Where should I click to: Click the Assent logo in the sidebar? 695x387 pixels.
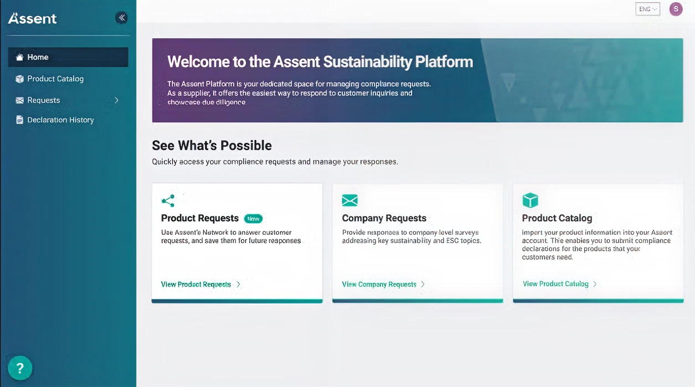click(33, 18)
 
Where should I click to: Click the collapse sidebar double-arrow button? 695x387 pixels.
click(121, 18)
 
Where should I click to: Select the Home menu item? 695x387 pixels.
click(38, 57)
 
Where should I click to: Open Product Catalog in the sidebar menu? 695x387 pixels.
click(55, 79)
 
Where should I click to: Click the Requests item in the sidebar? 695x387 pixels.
click(43, 100)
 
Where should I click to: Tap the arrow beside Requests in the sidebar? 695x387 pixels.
click(116, 100)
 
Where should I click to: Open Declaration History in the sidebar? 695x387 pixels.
click(60, 120)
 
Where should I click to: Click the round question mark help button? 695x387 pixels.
click(20, 368)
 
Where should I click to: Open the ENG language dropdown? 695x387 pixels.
click(647, 9)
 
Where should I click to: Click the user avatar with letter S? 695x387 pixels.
click(676, 9)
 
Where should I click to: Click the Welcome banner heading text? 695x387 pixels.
click(320, 61)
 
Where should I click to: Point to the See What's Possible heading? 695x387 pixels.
click(212, 146)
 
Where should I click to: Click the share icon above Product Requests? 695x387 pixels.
click(168, 200)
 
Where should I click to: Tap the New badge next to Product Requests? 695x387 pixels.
click(253, 218)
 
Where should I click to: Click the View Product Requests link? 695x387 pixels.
click(196, 284)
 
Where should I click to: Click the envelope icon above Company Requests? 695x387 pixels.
click(349, 200)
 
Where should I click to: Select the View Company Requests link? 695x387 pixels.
click(379, 284)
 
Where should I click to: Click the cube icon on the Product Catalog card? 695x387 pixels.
click(530, 200)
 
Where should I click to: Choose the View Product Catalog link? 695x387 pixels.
click(555, 283)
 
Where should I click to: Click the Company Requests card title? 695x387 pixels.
click(384, 218)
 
